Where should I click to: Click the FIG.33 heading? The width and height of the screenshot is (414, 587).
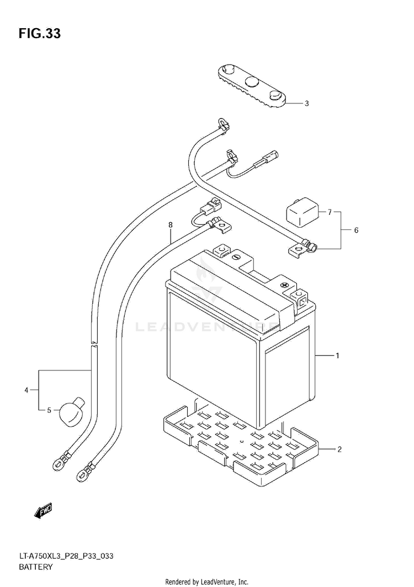pyautogui.click(x=39, y=34)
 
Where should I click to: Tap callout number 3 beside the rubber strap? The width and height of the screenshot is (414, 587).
pyautogui.click(x=337, y=103)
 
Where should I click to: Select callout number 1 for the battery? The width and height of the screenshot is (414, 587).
pyautogui.click(x=337, y=356)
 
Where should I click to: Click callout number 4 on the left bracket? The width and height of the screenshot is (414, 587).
pyautogui.click(x=26, y=391)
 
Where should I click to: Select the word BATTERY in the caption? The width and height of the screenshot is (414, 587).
pyautogui.click(x=36, y=567)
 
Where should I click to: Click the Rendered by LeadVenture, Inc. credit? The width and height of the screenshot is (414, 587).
pyautogui.click(x=207, y=582)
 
